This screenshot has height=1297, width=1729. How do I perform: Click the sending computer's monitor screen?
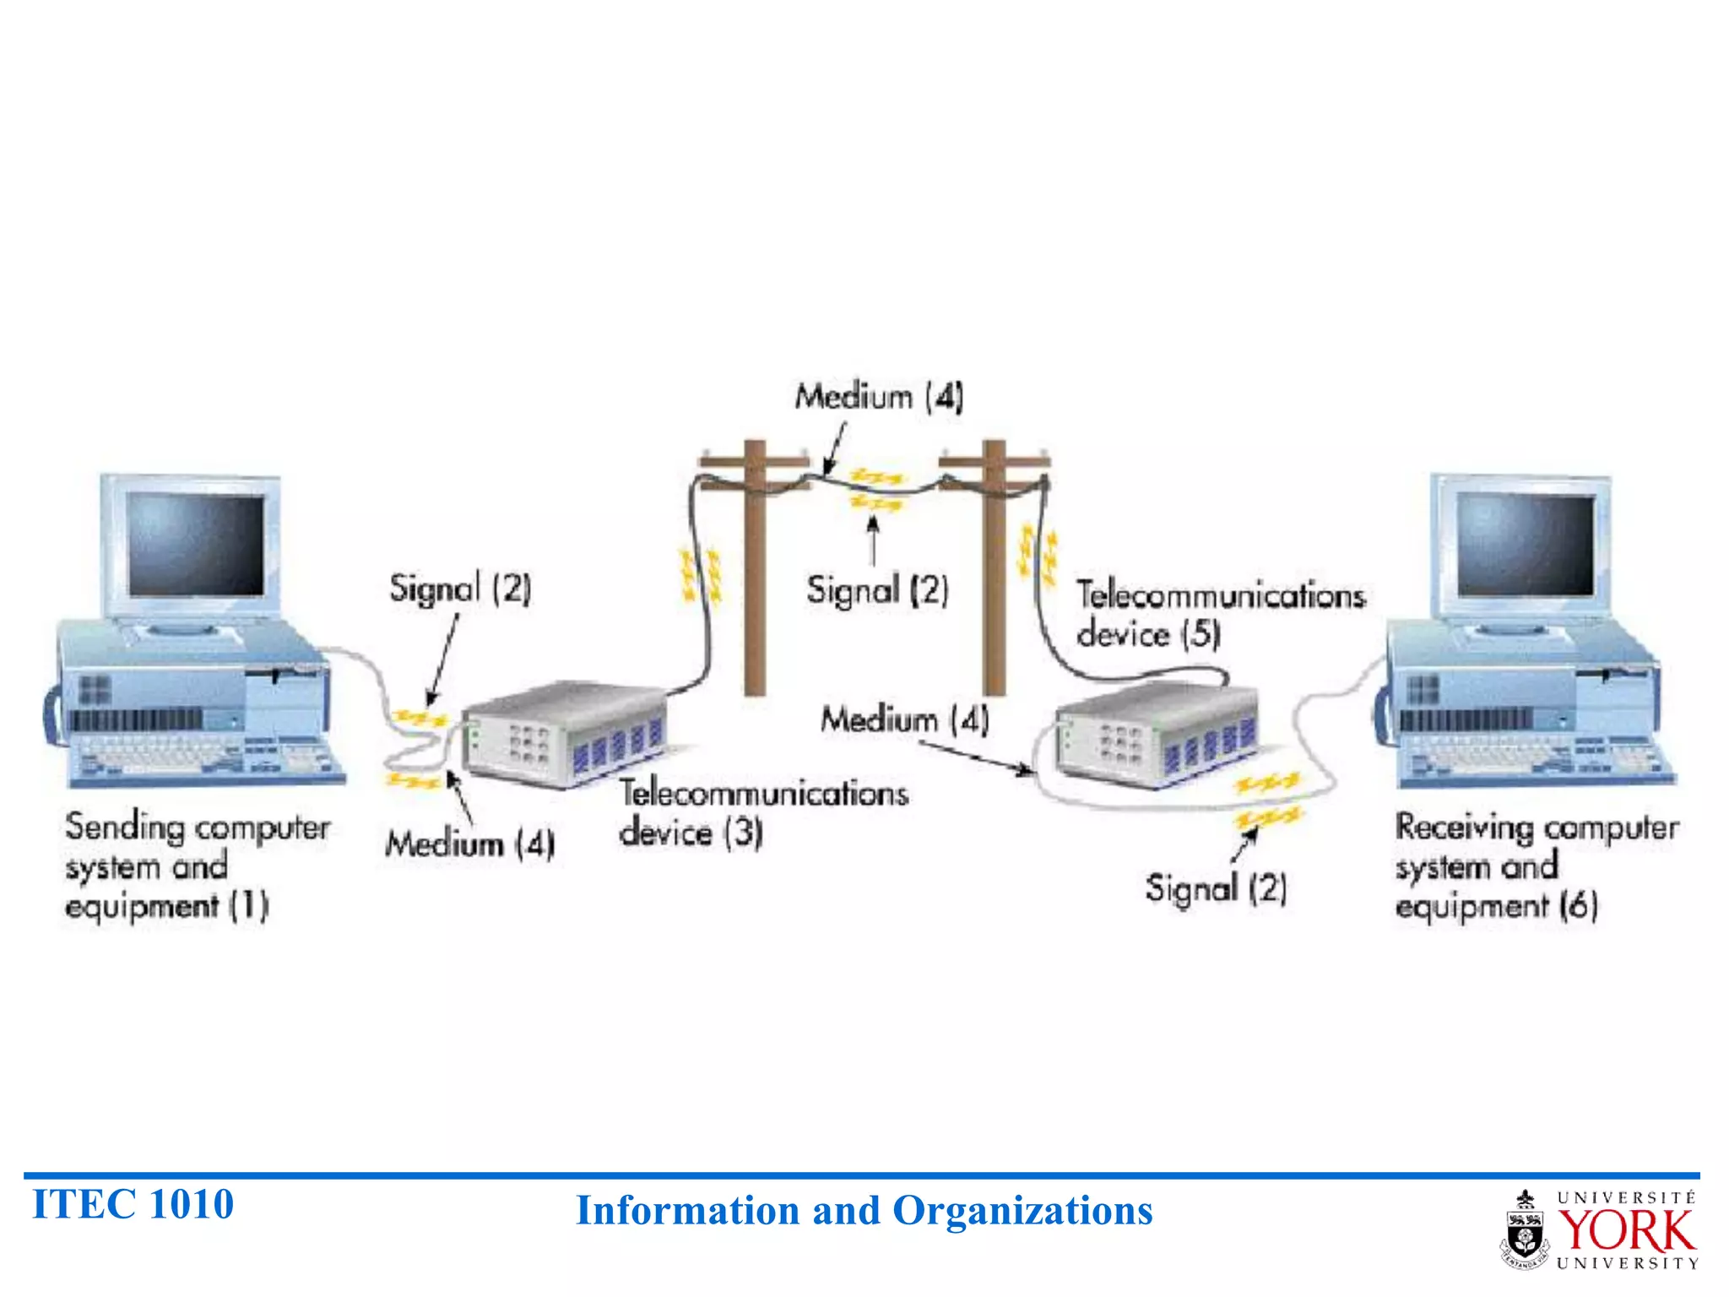click(x=196, y=545)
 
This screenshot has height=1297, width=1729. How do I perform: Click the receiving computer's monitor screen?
click(x=1525, y=545)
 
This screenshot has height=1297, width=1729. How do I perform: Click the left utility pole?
click(x=755, y=574)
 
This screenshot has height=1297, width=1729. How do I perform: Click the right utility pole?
click(x=995, y=574)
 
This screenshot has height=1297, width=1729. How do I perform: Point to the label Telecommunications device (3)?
click(x=762, y=812)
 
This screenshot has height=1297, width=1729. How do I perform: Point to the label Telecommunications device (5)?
click(x=1219, y=614)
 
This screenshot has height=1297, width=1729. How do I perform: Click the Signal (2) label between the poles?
click(x=876, y=589)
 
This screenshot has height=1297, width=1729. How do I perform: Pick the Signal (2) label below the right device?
click(x=1216, y=888)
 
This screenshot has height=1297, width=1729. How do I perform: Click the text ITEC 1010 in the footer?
click(x=133, y=1204)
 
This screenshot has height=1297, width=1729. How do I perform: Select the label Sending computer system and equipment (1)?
click(x=196, y=866)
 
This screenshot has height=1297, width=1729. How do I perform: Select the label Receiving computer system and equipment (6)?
click(x=1536, y=866)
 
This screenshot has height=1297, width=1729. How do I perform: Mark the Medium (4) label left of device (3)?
click(x=469, y=844)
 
